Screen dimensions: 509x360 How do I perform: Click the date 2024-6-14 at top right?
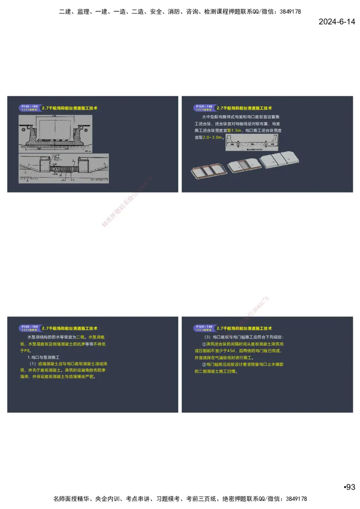coord(337,22)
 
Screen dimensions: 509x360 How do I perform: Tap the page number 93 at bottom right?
coord(349,487)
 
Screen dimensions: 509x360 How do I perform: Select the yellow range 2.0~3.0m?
coord(213,137)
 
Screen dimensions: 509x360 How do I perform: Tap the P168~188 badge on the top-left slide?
coord(28,107)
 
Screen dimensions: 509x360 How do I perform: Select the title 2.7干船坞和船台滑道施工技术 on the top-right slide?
coord(244,108)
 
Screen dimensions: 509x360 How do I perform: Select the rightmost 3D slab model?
coord(279,159)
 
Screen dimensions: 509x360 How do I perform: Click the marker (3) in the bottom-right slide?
coord(207,337)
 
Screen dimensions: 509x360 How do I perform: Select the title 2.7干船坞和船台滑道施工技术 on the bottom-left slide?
coord(70,329)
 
